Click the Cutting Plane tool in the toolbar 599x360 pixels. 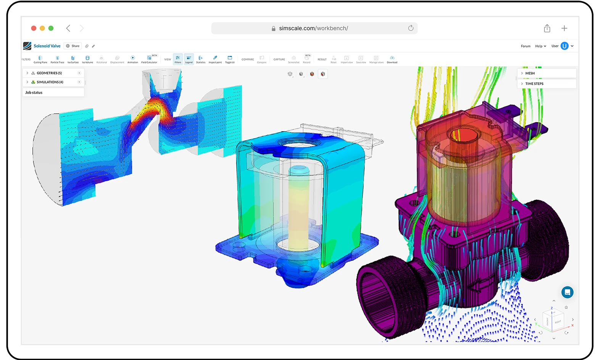[40, 59]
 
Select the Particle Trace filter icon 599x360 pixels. [57, 59]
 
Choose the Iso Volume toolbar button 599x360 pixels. [87, 59]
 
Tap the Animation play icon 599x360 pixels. [132, 59]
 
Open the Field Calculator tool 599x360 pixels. [149, 59]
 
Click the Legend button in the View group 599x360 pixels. [189, 59]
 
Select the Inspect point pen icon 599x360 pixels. [215, 59]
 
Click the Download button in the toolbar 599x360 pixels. [392, 59]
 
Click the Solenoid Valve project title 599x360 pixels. [47, 46]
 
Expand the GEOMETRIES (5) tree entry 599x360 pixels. [27, 73]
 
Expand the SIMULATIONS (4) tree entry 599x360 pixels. [27, 82]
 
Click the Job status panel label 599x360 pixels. [34, 92]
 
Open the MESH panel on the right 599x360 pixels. [530, 73]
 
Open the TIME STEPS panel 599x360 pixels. [534, 84]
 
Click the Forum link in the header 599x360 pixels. [525, 46]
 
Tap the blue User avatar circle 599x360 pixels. [565, 46]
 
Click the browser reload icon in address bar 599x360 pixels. [411, 28]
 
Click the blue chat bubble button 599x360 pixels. [567, 292]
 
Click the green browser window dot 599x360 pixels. [51, 28]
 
